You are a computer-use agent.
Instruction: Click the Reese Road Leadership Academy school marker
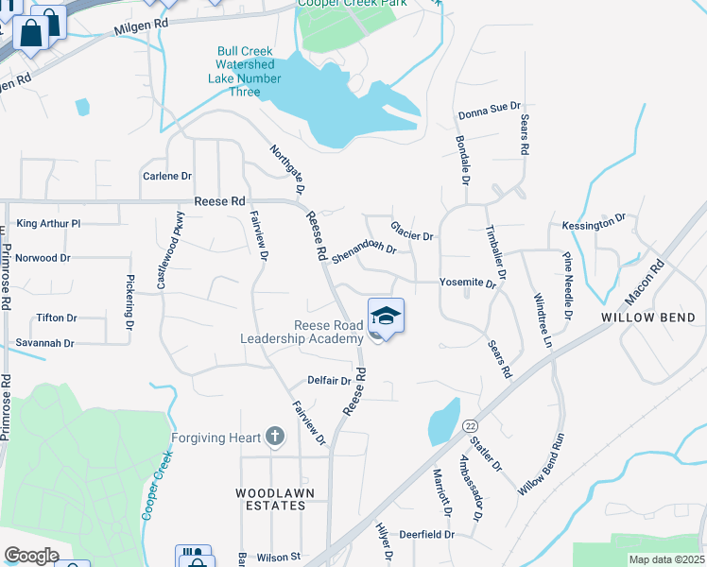[386, 317]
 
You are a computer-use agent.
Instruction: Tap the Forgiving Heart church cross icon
[275, 437]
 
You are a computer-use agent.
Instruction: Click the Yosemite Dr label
[467, 283]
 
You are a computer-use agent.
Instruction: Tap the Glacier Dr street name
[412, 230]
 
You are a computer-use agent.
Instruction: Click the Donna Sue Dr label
[490, 112]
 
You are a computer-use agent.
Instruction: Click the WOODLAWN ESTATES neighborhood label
[270, 499]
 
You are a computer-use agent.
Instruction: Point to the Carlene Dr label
[166, 176]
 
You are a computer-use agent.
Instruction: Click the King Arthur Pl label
[49, 224]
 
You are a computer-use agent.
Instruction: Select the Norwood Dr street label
[43, 257]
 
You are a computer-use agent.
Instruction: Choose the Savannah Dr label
[44, 343]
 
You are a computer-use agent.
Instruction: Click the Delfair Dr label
[329, 381]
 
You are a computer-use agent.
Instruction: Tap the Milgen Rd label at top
[141, 27]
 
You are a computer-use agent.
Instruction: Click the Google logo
[31, 555]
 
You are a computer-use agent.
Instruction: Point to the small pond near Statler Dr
[444, 421]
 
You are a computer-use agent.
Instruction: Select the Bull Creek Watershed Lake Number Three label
[245, 64]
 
